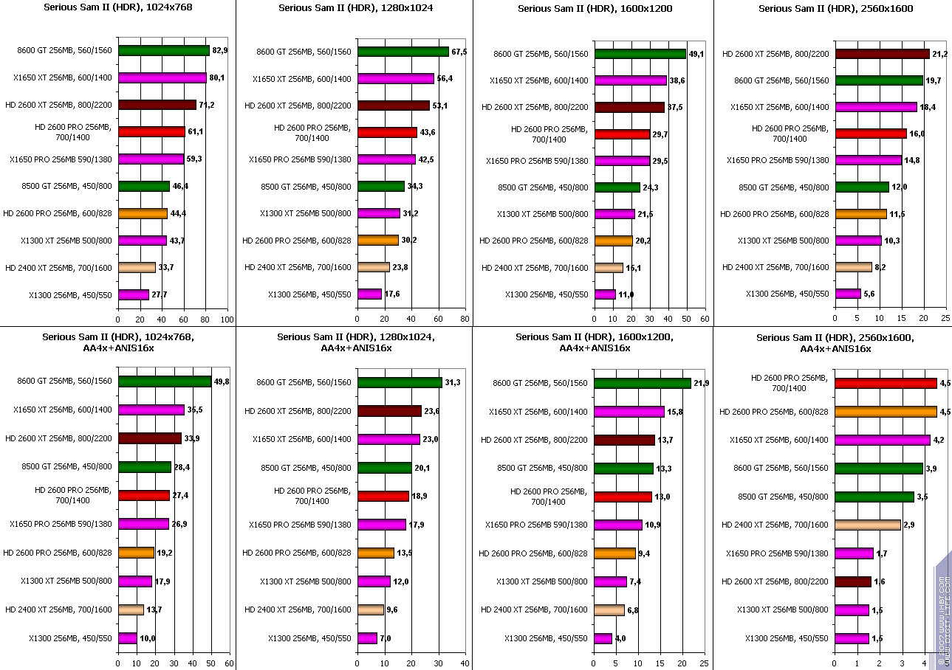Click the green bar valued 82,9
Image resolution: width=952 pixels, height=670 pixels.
163,51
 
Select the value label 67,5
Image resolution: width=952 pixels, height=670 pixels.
460,52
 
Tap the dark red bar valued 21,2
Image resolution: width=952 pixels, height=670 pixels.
882,53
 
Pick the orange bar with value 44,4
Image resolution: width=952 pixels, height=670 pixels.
143,213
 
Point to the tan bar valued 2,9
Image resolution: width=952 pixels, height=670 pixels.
868,525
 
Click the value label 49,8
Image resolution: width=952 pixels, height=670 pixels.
222,381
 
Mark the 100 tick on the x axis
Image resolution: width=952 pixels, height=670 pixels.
227,320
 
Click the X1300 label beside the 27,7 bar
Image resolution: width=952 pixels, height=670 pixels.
70,295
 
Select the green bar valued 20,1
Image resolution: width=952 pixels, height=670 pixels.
385,468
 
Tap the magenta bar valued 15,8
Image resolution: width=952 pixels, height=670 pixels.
629,411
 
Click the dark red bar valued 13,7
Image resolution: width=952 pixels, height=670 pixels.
624,440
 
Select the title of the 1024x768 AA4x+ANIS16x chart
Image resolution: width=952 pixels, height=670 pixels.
117,342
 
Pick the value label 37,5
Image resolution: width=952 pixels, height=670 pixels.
675,107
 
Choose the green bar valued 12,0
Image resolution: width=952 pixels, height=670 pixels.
862,187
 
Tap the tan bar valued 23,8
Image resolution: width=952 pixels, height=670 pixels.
374,267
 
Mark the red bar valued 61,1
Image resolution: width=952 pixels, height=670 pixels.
151,132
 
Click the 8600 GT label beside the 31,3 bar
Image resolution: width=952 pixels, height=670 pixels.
304,381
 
